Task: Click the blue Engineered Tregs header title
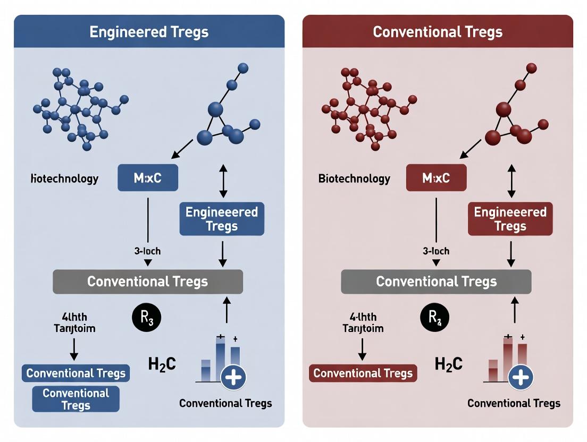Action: coord(149,32)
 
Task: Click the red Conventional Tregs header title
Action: coord(438,32)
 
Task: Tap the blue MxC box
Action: coord(148,178)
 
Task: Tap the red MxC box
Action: coord(436,178)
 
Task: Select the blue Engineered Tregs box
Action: coord(222,219)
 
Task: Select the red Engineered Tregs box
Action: coord(510,219)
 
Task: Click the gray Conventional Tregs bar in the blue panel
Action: coord(148,281)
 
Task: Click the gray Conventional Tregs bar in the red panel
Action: coord(436,281)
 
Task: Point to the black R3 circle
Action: coord(146,318)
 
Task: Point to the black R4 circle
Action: coord(435,318)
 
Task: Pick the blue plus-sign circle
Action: coord(233,378)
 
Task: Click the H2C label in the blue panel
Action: coord(162,364)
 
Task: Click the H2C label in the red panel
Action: coord(449,364)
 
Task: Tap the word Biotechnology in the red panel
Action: coord(354,178)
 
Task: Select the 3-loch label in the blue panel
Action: coord(147,251)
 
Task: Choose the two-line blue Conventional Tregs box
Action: coord(76,399)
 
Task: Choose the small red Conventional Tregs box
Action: coord(363,373)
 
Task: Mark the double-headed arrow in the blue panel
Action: coord(223,181)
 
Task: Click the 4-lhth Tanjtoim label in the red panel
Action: coord(363,322)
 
